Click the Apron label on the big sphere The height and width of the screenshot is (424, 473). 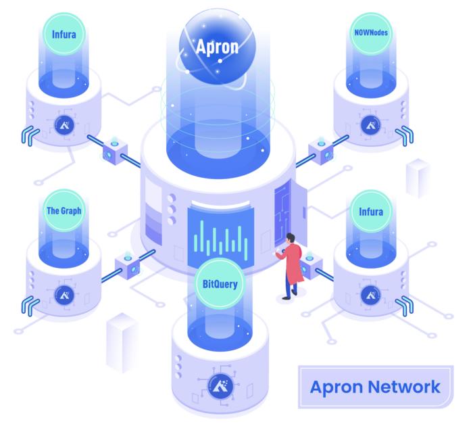point(217,47)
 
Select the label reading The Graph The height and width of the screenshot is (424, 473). point(64,210)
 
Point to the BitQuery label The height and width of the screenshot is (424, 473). point(220,284)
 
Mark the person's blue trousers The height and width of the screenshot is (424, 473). point(290,288)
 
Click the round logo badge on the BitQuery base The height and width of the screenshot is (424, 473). point(219,386)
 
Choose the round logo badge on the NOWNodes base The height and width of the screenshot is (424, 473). point(370,123)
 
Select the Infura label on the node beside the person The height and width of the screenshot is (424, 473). point(370,212)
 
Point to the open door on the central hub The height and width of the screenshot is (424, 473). point(282,206)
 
